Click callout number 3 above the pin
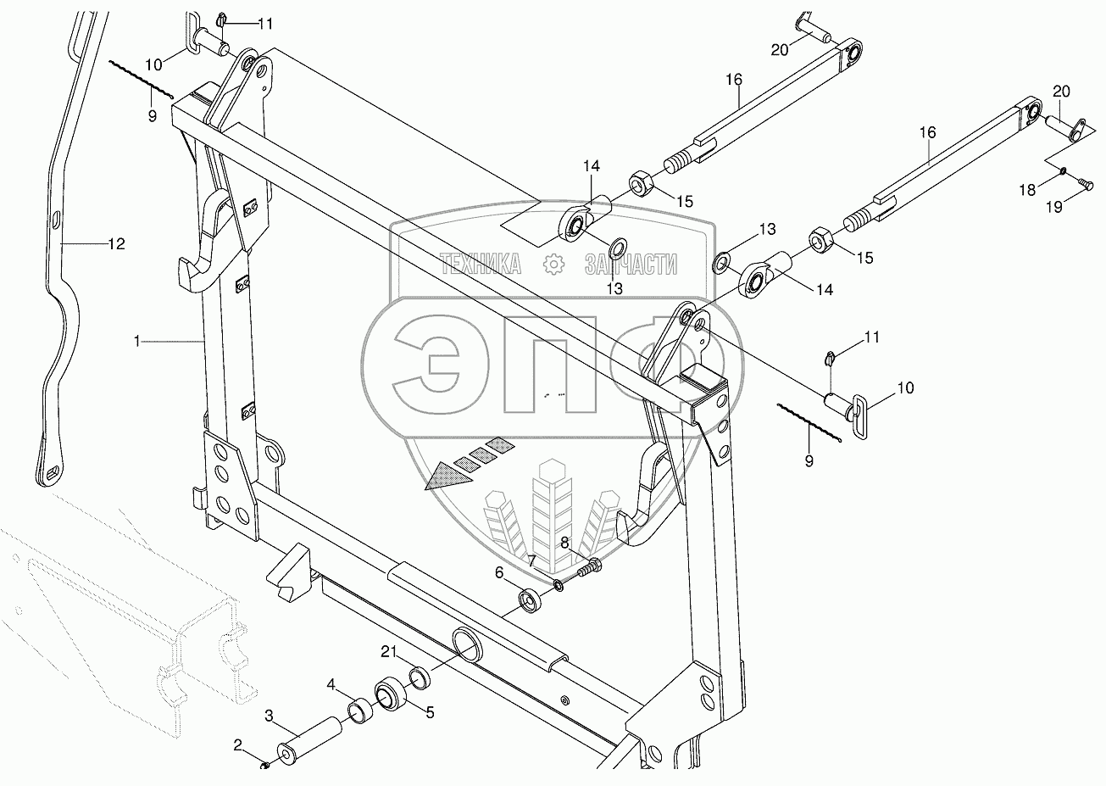[430, 713]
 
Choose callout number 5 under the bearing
[531, 560]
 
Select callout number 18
[480, 265]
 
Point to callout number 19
[631, 265]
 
